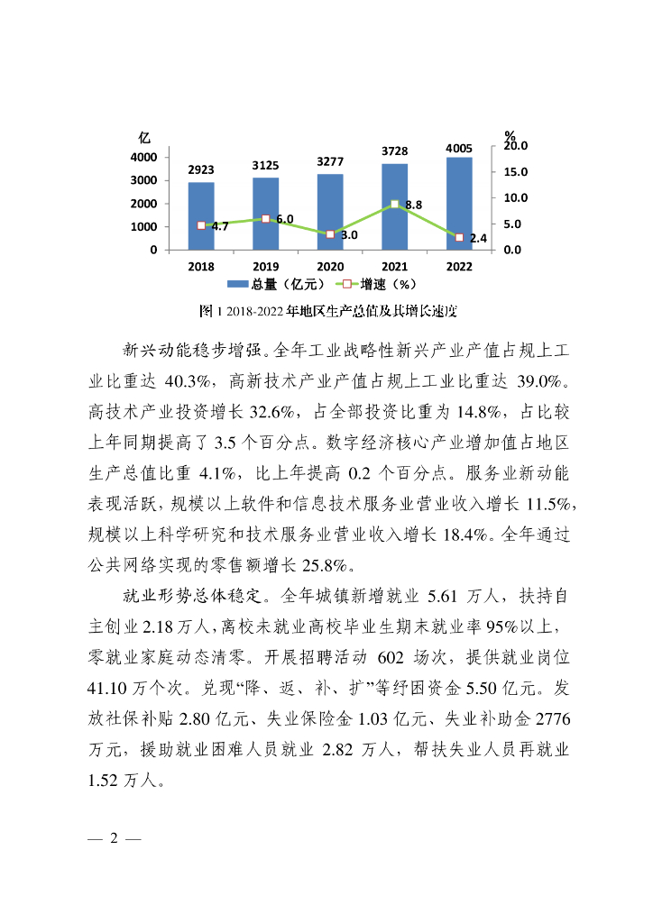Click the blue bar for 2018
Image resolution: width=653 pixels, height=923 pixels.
pyautogui.click(x=201, y=216)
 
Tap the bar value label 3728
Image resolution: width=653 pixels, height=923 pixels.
pyautogui.click(x=394, y=151)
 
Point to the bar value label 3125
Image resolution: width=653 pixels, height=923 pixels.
pyautogui.click(x=265, y=165)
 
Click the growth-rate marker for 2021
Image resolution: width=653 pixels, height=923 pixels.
pyautogui.click(x=394, y=205)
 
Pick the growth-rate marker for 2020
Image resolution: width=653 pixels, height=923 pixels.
pyautogui.click(x=330, y=234)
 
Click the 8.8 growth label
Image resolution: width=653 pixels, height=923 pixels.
pyautogui.click(x=414, y=206)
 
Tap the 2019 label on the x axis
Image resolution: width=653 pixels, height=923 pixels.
pyautogui.click(x=265, y=267)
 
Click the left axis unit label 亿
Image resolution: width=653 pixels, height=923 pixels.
pyautogui.click(x=144, y=137)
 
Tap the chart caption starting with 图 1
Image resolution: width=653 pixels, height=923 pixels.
pyautogui.click(x=326, y=312)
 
